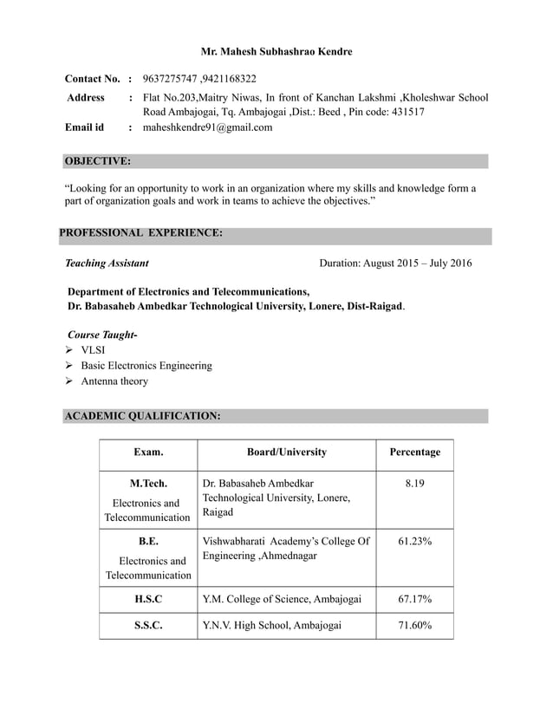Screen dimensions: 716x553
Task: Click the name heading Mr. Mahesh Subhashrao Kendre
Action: point(276,52)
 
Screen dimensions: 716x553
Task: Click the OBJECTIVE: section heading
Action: point(98,161)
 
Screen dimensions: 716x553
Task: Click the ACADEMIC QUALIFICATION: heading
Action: point(142,416)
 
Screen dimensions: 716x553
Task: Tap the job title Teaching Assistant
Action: point(107,263)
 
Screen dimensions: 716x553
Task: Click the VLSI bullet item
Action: point(93,350)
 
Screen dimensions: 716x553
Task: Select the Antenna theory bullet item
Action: point(114,381)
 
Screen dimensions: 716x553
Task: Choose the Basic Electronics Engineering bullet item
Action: point(146,366)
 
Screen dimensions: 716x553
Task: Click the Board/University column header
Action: point(287,452)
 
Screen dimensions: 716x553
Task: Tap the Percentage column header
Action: point(414,452)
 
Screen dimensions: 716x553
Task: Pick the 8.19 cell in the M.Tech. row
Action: point(414,483)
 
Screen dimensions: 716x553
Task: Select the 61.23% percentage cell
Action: point(414,542)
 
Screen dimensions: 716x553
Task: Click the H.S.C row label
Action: point(147,598)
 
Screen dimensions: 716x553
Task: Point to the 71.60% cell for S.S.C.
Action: point(414,625)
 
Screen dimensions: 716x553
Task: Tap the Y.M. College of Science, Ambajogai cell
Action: point(282,598)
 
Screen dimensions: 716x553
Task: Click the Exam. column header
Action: point(147,452)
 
